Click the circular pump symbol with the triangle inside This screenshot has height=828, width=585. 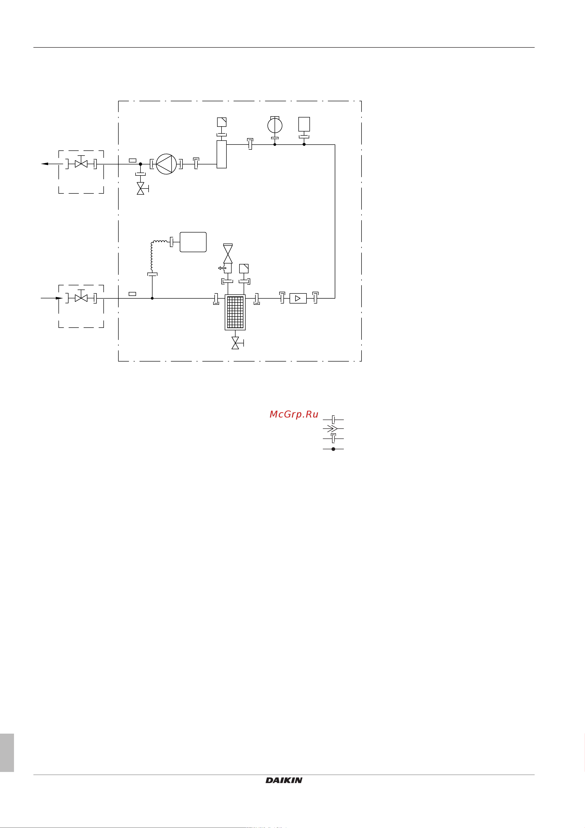pyautogui.click(x=166, y=164)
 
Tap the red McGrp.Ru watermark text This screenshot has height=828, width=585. pyautogui.click(x=294, y=414)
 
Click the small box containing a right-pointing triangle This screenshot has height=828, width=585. pyautogui.click(x=298, y=298)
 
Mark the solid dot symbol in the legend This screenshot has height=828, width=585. pyautogui.click(x=334, y=449)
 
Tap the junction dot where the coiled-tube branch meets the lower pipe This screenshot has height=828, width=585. pyautogui.click(x=152, y=298)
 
